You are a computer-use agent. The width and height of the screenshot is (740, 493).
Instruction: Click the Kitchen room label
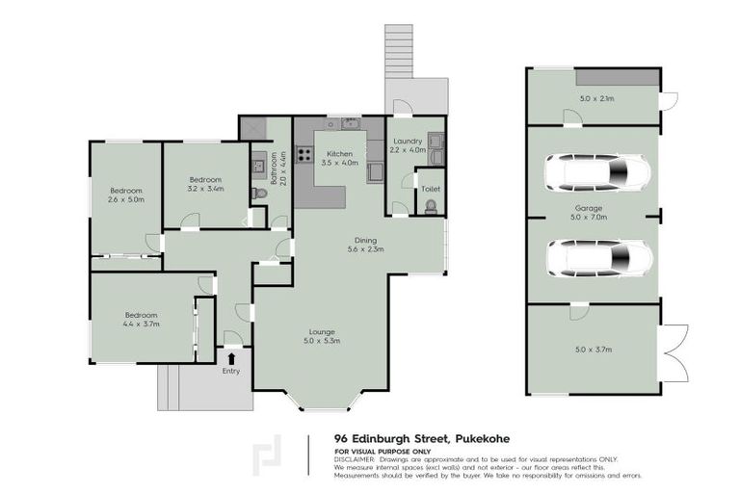pyautogui.click(x=337, y=154)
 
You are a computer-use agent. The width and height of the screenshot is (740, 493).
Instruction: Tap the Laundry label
pyautogui.click(x=406, y=141)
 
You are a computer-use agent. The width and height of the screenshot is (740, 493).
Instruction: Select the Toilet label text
pyautogui.click(x=431, y=190)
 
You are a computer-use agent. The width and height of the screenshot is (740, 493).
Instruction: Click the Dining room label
pyautogui.click(x=364, y=240)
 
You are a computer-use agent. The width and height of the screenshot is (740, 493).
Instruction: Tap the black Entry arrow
pyautogui.click(x=231, y=358)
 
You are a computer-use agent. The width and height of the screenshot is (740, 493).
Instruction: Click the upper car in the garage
pyautogui.click(x=596, y=173)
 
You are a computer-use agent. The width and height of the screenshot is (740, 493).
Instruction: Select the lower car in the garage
pyautogui.click(x=596, y=257)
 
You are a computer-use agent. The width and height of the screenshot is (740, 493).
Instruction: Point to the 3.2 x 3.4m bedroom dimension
pyautogui.click(x=205, y=189)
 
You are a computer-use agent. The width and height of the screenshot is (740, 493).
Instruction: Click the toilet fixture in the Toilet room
pyautogui.click(x=430, y=205)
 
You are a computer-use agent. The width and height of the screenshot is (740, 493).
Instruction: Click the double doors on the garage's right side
pyautogui.click(x=674, y=350)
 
